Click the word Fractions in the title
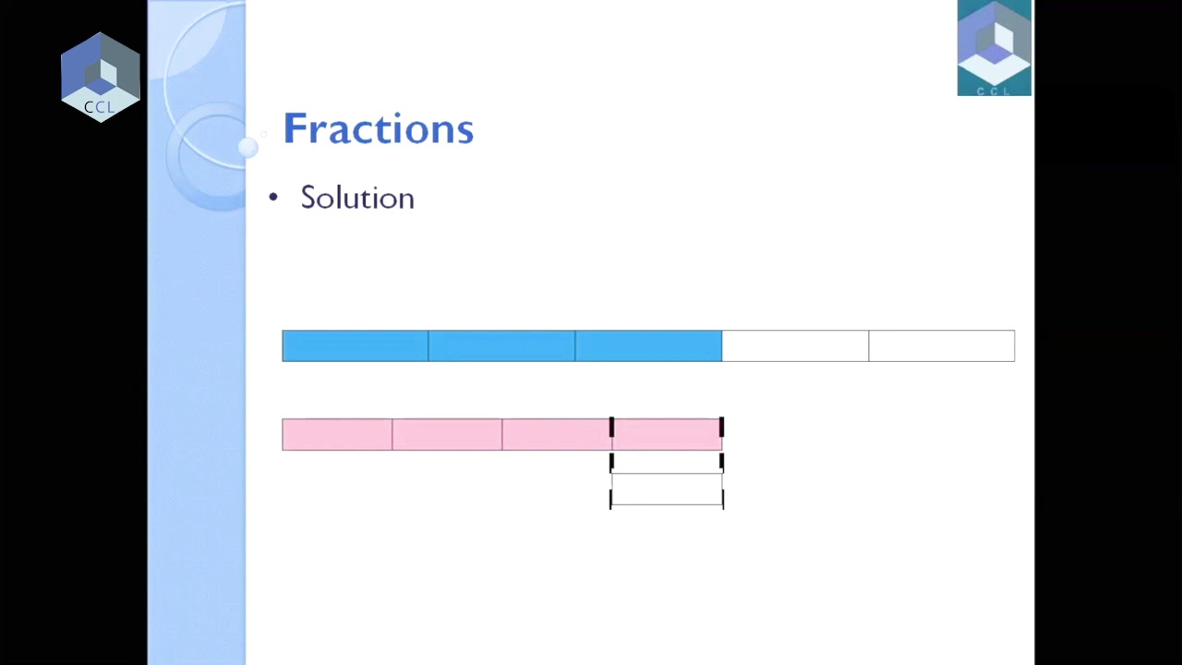pyautogui.click(x=378, y=128)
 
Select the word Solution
pyautogui.click(x=357, y=198)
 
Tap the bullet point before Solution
pyautogui.click(x=272, y=198)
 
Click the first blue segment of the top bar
pyautogui.click(x=355, y=345)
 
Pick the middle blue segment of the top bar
pyautogui.click(x=501, y=345)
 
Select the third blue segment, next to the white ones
pyautogui.click(x=648, y=345)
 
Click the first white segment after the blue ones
pyautogui.click(x=795, y=345)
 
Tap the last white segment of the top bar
pyautogui.click(x=941, y=345)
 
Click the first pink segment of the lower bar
pyautogui.click(x=337, y=434)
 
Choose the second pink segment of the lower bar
pyautogui.click(x=447, y=434)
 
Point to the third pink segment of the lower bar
pyautogui.click(x=557, y=434)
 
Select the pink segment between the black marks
pyautogui.click(x=666, y=434)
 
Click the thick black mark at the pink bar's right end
pyautogui.click(x=721, y=427)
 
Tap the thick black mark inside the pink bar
pyautogui.click(x=611, y=427)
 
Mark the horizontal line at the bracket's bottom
pyautogui.click(x=667, y=504)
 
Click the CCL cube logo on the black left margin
pyautogui.click(x=100, y=77)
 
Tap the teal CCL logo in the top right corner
pyautogui.click(x=994, y=48)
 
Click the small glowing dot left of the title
pyautogui.click(x=247, y=147)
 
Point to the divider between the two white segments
pyautogui.click(x=868, y=345)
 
